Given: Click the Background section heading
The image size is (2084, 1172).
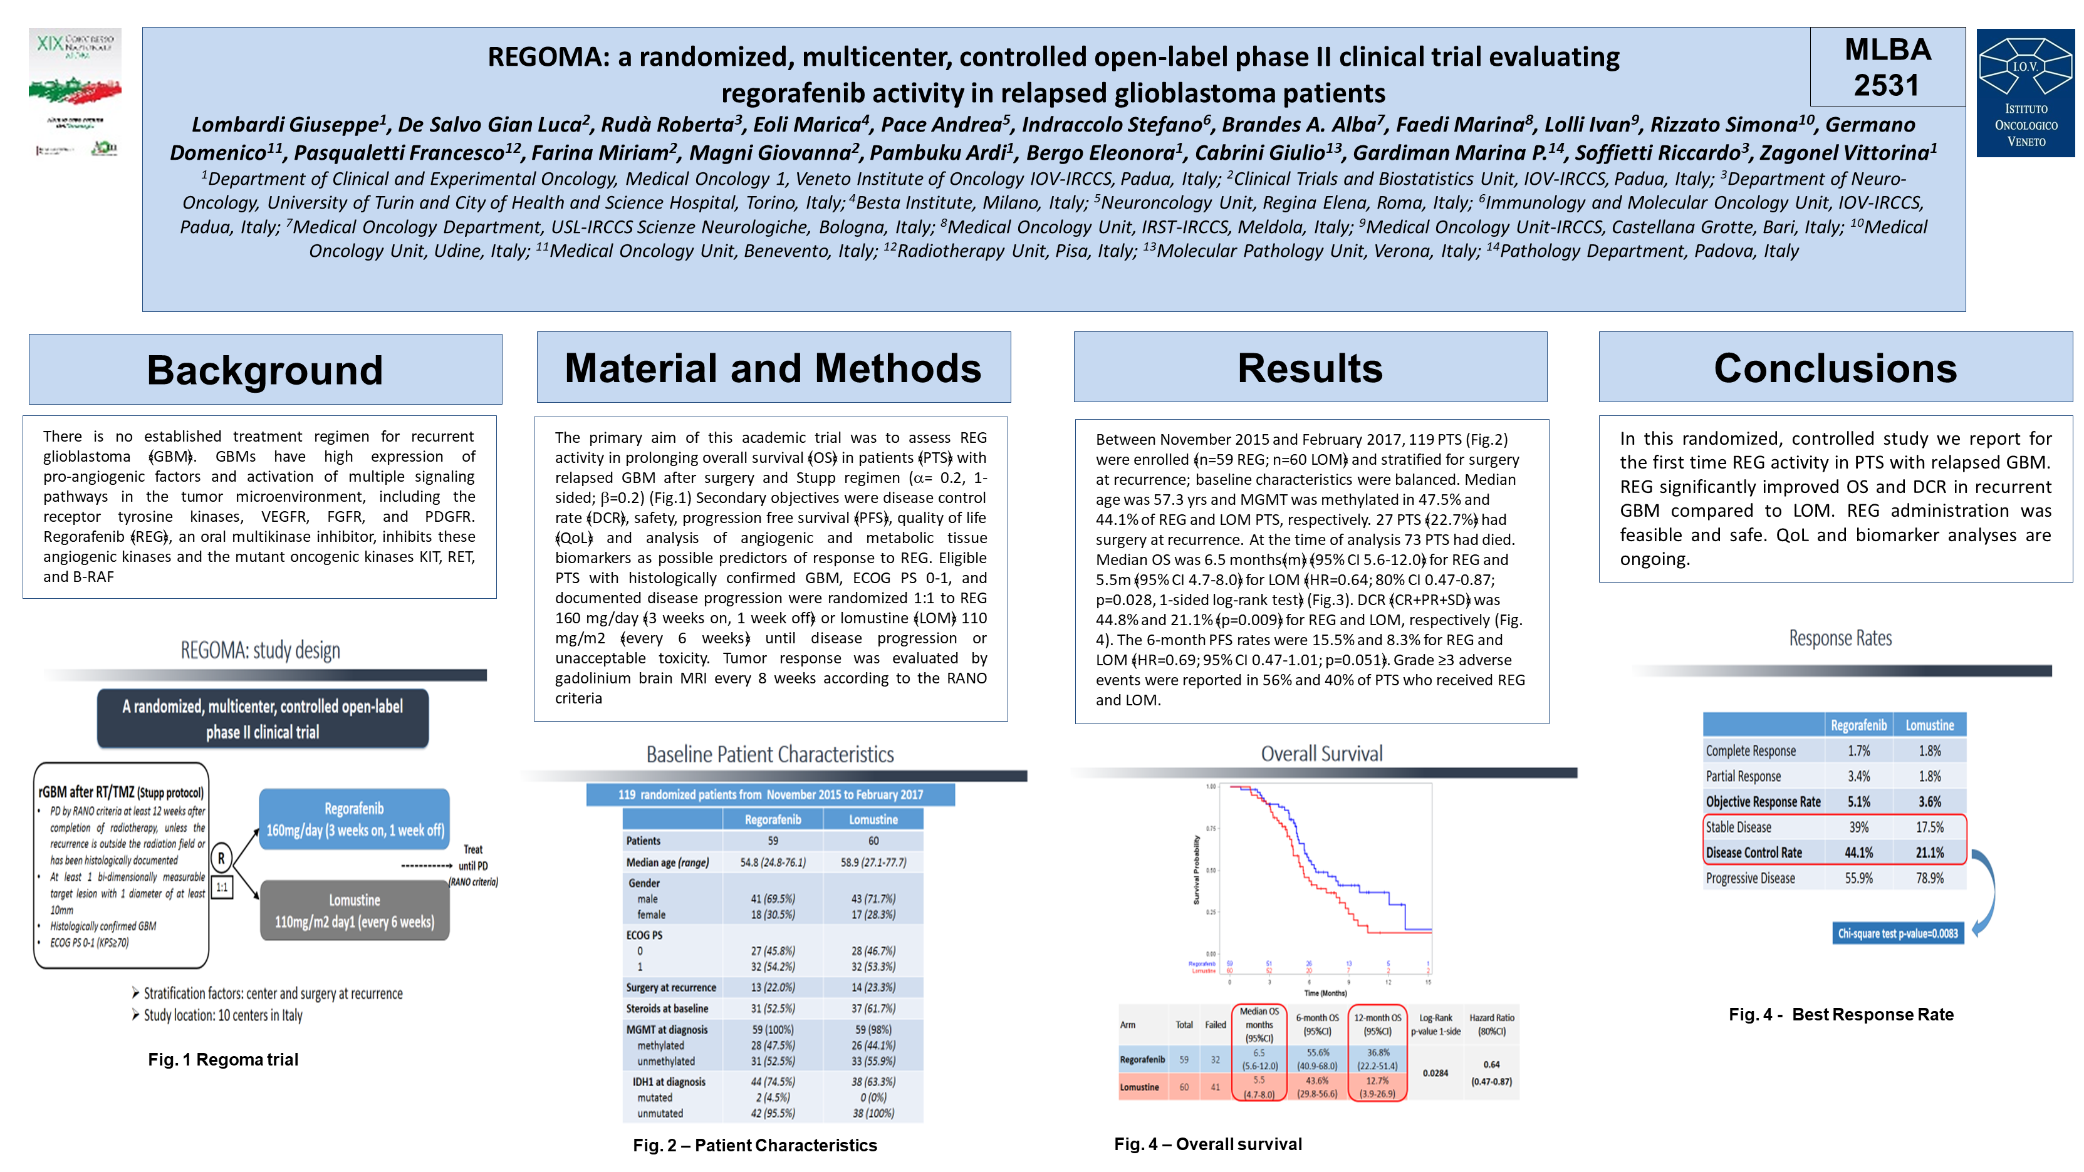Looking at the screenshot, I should [x=264, y=370].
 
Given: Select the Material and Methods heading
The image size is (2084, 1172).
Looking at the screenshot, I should [x=773, y=368].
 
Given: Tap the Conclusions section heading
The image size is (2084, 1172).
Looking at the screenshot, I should [x=1835, y=368].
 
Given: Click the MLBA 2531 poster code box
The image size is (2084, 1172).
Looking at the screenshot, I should [x=1887, y=67].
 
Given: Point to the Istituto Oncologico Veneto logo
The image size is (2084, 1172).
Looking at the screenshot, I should [x=2025, y=92].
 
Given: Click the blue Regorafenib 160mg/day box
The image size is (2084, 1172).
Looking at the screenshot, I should [x=355, y=819].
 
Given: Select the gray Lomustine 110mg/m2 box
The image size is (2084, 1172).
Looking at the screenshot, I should [x=355, y=911].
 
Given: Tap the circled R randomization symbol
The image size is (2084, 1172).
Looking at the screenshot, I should [x=221, y=858].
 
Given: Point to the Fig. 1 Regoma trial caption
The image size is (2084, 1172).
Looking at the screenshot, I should [x=222, y=1060].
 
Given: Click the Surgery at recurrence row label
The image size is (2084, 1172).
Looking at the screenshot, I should [x=670, y=988].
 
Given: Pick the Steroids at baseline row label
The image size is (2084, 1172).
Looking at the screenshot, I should [x=667, y=1009].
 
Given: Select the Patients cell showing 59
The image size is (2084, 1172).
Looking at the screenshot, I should [x=773, y=841].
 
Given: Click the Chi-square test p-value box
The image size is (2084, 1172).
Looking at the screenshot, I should [x=1897, y=933].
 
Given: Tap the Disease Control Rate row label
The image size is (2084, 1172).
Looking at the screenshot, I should [x=1753, y=853].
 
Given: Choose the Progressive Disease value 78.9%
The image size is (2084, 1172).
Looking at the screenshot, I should [x=1929, y=878].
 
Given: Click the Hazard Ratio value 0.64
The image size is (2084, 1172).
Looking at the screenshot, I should [x=1491, y=1064].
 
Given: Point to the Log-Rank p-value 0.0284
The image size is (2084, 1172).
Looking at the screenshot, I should [x=1435, y=1073].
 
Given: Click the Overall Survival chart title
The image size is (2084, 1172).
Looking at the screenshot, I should [x=1321, y=754].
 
